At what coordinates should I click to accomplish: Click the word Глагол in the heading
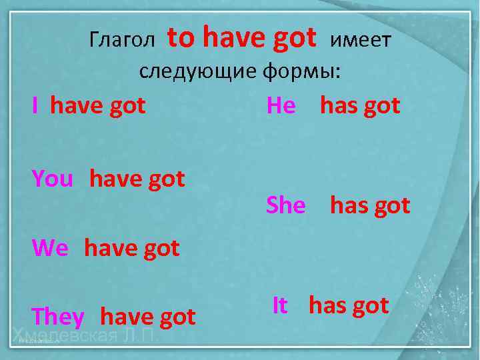121,41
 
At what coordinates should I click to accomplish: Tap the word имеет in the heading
361,41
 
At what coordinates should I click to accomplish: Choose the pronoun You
52,179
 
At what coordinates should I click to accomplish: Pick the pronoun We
50,248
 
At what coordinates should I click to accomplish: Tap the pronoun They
58,317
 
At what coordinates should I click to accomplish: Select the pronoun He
281,105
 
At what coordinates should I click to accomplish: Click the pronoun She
285,205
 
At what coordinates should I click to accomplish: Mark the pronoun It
280,305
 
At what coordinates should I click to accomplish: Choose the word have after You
116,179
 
